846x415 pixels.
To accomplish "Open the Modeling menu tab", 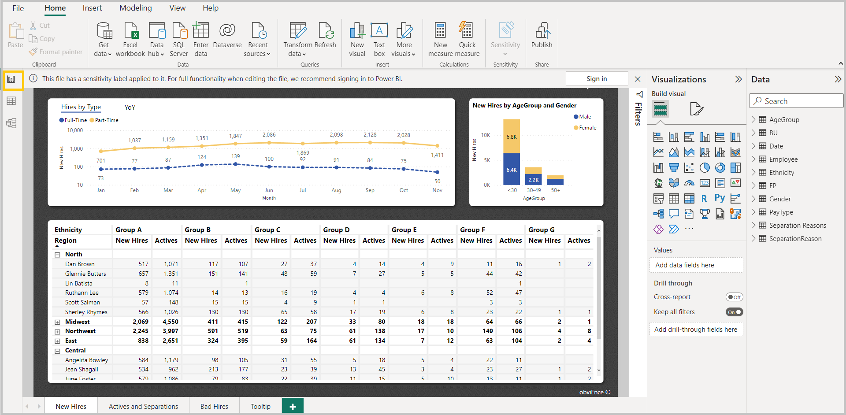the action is [135, 8].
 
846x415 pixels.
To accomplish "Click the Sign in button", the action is [597, 78].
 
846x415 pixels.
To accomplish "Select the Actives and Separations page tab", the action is [143, 406].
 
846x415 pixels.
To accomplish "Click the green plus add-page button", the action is [293, 406].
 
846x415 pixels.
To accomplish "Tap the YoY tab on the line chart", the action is [130, 107].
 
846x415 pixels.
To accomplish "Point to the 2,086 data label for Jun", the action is [269, 135].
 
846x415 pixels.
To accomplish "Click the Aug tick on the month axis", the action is [336, 190].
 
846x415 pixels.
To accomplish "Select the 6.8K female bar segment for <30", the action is [512, 136].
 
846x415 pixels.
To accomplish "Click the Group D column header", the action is [336, 230].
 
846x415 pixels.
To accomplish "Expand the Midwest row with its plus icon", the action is [57, 322].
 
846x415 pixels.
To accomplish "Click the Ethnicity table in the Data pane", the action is [781, 173].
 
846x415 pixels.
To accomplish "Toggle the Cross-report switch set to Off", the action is [734, 297].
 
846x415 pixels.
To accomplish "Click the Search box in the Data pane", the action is [796, 101].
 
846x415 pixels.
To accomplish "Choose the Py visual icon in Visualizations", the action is [720, 198].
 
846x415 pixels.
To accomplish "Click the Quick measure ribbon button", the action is [467, 40].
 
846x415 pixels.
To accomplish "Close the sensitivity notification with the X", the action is [638, 79].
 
